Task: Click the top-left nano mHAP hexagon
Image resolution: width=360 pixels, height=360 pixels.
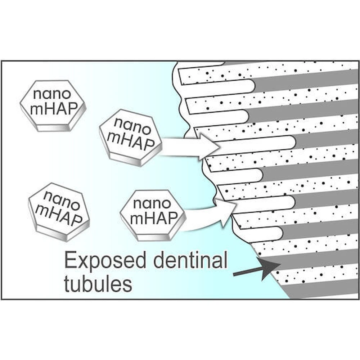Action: tap(53, 105)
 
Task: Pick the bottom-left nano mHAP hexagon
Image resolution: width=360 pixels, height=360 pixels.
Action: tap(59, 212)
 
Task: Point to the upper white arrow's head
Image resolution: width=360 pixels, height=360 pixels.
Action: tap(209, 147)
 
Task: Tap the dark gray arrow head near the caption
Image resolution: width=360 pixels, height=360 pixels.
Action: tap(269, 267)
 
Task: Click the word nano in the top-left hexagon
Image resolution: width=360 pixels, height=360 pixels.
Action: tap(52, 94)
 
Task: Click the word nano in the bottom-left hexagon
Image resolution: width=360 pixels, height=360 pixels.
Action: tap(62, 200)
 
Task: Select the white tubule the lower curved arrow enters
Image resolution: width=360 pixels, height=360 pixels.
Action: tap(264, 203)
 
